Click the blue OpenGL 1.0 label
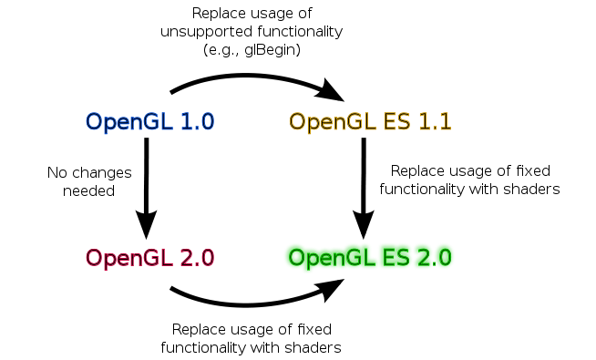pos(149,121)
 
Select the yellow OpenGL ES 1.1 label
pos(370,121)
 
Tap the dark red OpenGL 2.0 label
pos(149,257)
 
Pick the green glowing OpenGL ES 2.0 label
pos(370,257)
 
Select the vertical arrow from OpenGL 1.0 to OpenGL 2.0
pos(146,182)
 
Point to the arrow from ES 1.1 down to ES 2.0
pos(364,182)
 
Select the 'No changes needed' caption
pos(89,181)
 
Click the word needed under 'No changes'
pos(89,190)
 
